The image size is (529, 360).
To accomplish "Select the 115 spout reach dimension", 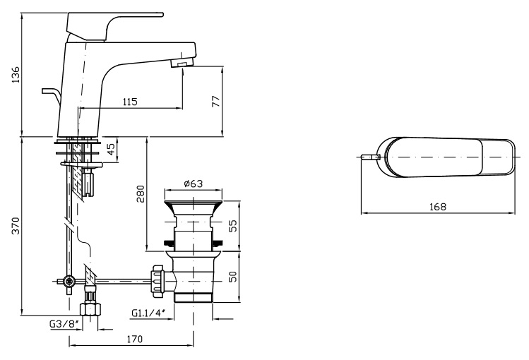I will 130,102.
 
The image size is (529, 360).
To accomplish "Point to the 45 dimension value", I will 111,149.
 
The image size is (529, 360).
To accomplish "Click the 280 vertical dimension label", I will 141,193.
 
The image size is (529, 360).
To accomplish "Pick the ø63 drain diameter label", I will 193,184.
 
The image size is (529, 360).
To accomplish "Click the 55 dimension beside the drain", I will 233,225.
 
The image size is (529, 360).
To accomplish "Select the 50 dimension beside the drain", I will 233,276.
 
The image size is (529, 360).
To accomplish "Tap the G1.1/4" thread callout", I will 148,313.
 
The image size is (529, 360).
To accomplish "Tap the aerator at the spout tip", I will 182,65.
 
